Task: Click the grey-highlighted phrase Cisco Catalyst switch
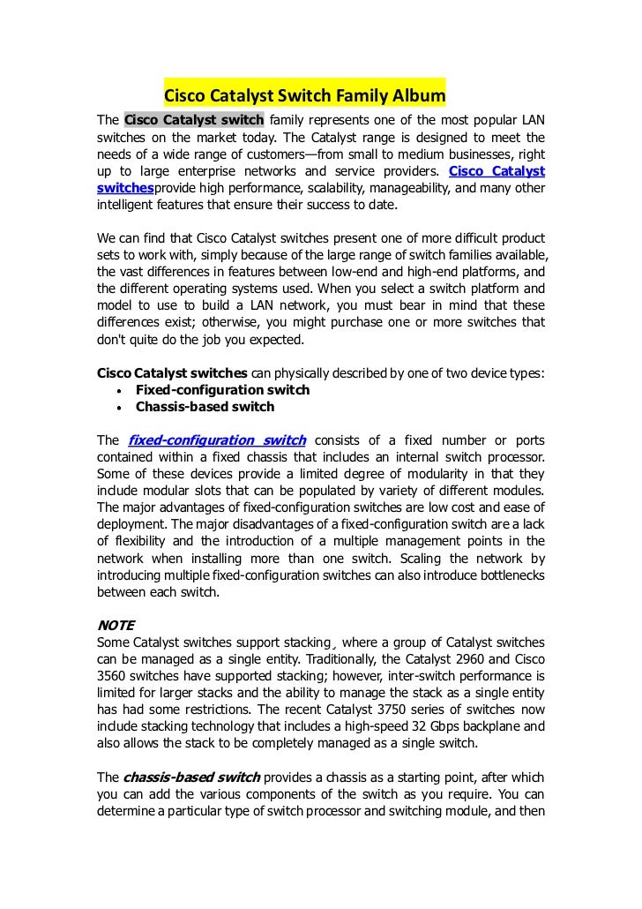pos(194,121)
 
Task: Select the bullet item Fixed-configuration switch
pos(222,390)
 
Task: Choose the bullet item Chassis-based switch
pos(205,407)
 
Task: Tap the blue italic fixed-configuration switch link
pos(217,440)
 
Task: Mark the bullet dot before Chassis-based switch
pos(118,408)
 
